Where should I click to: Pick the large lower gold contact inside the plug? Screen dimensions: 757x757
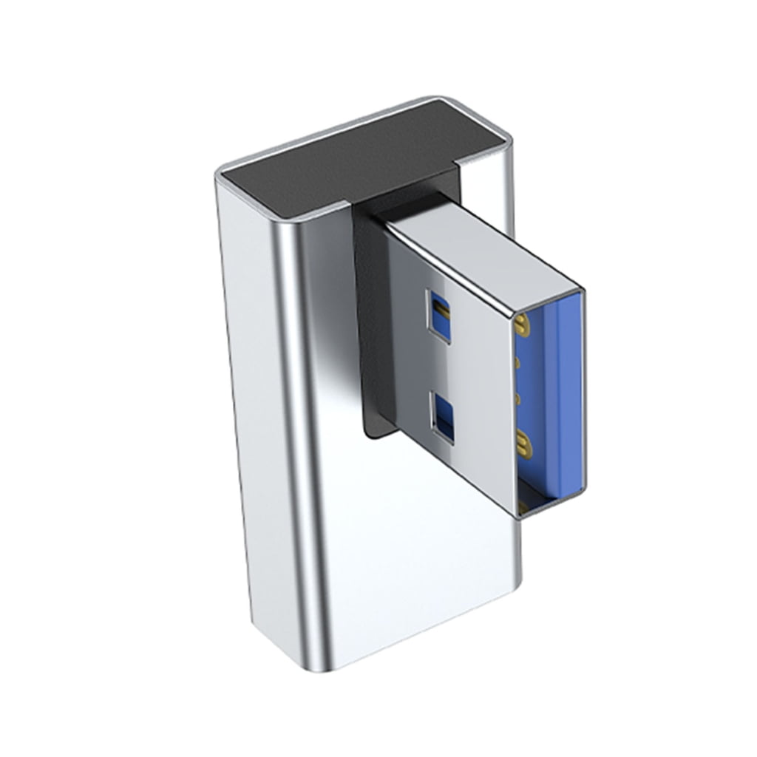526,444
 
